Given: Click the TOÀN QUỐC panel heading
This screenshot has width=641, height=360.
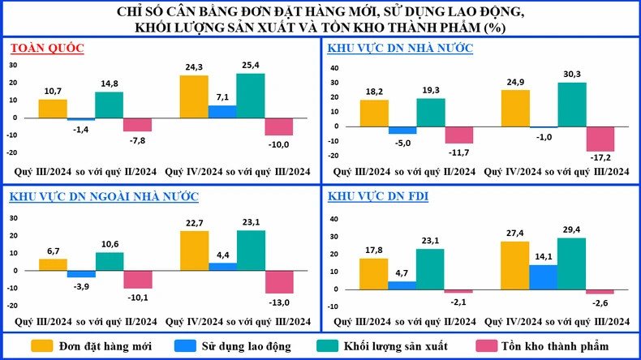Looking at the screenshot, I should pos(47,48).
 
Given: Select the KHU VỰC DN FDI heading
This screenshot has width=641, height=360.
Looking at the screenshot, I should pos(378,196).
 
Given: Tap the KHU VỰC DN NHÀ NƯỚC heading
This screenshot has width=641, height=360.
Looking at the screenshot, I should pos(400,48).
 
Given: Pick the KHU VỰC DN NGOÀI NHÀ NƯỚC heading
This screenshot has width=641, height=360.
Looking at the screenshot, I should pos(105,196).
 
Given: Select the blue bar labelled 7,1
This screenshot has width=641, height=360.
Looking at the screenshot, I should pos(222,111).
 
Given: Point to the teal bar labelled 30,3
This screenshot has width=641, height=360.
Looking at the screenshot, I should pos(571,105).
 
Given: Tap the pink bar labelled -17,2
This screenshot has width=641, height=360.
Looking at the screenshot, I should pos(600,139).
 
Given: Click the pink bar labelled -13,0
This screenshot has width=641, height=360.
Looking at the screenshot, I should pos(279,281).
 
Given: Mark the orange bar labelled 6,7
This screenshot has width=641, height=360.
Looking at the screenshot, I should pos(52,264).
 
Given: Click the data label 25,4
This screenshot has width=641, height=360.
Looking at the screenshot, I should pos(252,66).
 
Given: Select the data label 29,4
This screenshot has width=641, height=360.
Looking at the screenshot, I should pos(571,229).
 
